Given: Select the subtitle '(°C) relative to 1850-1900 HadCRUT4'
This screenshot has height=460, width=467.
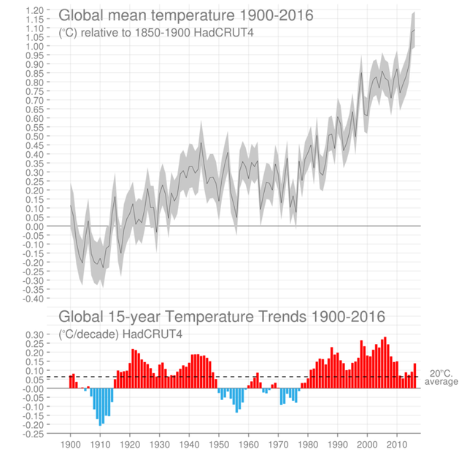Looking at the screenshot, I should point(156,33).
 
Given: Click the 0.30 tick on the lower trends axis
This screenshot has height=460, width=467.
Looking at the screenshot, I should point(35,334).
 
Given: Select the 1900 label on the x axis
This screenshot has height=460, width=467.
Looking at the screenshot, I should point(71,444).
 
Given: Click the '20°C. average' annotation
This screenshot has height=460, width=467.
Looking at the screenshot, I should point(441,377).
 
